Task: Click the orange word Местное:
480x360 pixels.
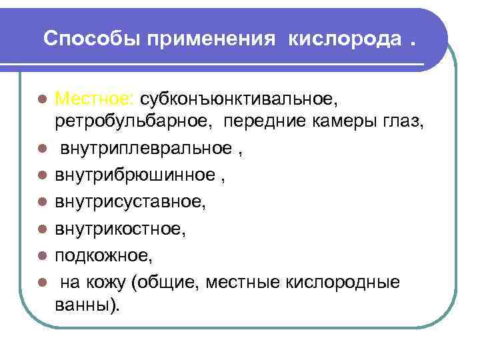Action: pyautogui.click(x=95, y=99)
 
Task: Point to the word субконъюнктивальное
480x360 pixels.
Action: pyautogui.click(x=239, y=99)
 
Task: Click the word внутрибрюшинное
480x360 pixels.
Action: pyautogui.click(x=137, y=175)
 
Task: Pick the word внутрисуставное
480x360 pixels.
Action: pyautogui.click(x=131, y=201)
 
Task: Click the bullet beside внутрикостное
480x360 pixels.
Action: pyautogui.click(x=41, y=229)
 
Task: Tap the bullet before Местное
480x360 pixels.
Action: pyautogui.click(x=41, y=100)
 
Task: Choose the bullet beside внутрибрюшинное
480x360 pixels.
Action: pyautogui.click(x=41, y=175)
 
